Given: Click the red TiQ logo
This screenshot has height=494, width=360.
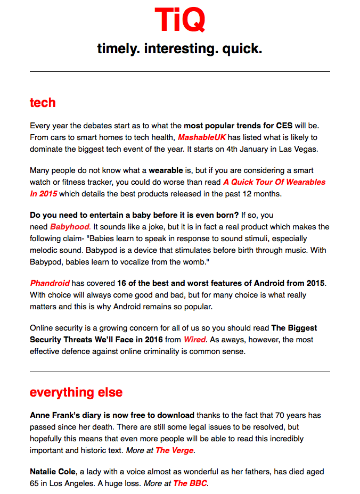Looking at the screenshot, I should [179, 20].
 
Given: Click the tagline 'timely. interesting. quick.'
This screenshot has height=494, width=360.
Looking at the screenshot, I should [179, 50].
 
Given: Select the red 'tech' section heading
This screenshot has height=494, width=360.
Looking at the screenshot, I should [43, 102].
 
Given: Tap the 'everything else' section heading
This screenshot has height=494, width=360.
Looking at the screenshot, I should [76, 392].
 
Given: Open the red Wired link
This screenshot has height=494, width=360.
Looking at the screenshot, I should [194, 340].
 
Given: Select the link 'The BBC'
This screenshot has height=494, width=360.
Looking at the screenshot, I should [190, 483].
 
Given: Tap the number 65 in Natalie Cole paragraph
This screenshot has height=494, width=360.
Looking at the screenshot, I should [35, 483].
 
